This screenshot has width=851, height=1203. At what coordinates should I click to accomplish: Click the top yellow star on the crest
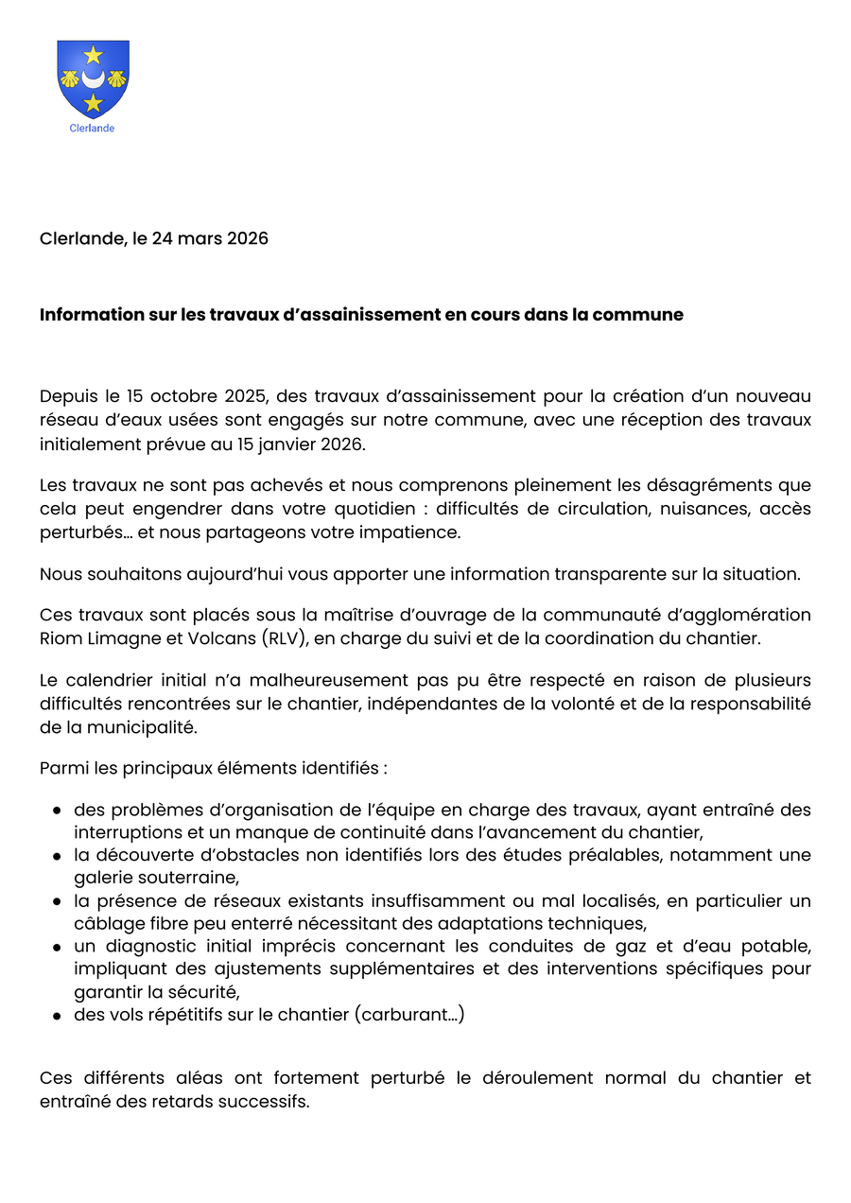coord(93,55)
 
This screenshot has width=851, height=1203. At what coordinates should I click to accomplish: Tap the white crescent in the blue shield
coord(93,78)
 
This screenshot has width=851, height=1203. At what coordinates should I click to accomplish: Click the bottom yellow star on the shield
coord(93,102)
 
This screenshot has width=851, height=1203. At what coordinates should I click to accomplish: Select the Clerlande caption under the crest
coord(92,129)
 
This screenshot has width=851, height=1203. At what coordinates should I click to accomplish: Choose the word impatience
coord(412,532)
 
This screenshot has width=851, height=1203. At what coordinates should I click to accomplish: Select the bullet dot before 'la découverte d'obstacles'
coord(58,856)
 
